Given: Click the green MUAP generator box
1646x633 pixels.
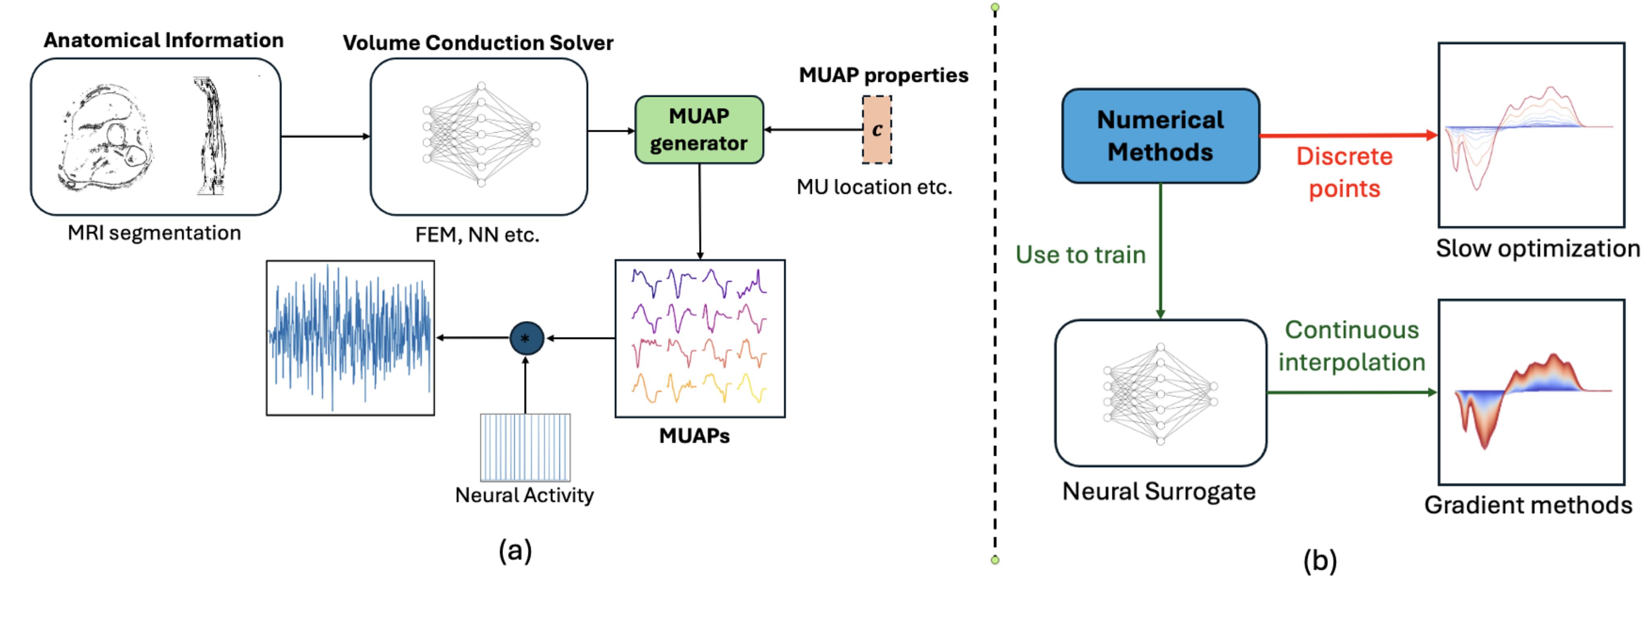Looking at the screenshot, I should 699,130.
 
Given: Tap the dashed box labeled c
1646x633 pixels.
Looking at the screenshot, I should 877,130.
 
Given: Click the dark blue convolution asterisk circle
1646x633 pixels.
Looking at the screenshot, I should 526,338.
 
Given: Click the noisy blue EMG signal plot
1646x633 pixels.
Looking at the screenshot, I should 350,338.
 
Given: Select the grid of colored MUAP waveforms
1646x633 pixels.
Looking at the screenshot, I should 700,338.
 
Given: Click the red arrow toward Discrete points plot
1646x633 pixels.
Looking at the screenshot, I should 1348,135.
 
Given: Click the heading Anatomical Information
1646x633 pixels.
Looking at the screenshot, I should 163,40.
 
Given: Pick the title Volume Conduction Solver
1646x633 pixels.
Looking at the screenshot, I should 478,43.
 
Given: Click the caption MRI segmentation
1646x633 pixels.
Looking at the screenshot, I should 155,233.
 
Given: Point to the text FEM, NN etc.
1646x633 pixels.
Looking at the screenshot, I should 477,235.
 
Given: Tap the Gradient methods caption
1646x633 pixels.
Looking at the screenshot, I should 1528,505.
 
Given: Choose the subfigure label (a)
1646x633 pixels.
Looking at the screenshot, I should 515,550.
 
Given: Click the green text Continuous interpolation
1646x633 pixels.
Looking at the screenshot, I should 1352,346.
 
